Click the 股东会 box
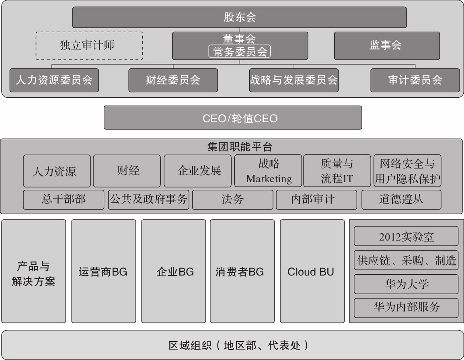(x=239, y=17)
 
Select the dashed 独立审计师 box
(x=89, y=45)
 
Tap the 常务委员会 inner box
(x=240, y=52)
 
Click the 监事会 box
(x=387, y=45)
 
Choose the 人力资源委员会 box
(x=54, y=80)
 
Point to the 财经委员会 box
(x=173, y=80)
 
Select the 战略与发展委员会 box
(x=294, y=80)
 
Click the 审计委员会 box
(x=415, y=80)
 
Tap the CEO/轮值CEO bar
(x=233, y=118)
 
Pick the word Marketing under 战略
(x=269, y=179)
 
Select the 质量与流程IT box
(x=337, y=171)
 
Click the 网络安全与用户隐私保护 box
(x=407, y=171)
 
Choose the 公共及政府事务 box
(x=148, y=200)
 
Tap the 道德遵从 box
(x=401, y=200)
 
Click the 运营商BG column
(x=103, y=272)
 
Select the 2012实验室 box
(x=406, y=237)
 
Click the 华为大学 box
(x=406, y=284)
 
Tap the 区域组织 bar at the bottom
(x=232, y=345)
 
